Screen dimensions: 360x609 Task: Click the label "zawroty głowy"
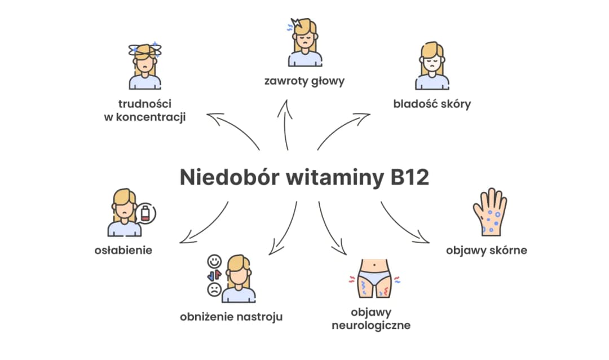pos(304,81)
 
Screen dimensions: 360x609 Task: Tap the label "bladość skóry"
pos(432,104)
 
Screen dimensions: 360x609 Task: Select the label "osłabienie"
pos(123,249)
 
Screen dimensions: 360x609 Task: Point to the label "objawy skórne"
pos(487,249)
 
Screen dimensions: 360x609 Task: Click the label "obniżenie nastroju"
pos(231,317)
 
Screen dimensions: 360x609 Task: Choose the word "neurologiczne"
pos(370,325)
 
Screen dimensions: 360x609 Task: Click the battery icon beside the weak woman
pos(146,214)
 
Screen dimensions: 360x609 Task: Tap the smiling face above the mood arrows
pos(214,261)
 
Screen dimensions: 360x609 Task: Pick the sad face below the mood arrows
pos(214,290)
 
